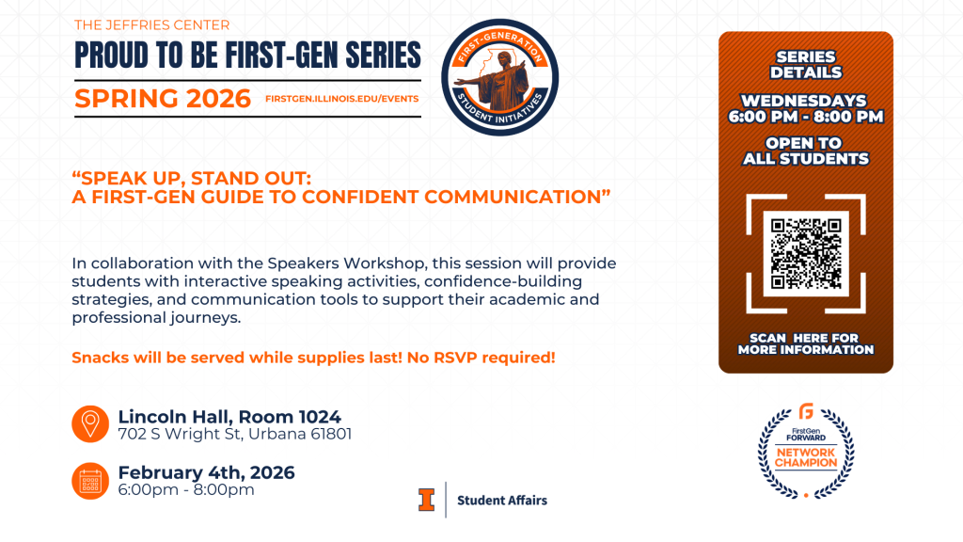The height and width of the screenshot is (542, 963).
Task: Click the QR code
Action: (x=806, y=253)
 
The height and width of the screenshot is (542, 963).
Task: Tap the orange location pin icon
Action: (x=90, y=424)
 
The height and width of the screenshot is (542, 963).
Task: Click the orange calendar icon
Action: (x=90, y=481)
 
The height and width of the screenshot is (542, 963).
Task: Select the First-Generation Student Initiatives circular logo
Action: (x=500, y=77)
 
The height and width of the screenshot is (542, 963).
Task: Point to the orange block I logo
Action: (x=426, y=500)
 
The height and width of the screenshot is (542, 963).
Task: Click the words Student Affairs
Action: (x=502, y=501)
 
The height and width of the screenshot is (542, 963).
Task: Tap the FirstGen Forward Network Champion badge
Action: (x=806, y=451)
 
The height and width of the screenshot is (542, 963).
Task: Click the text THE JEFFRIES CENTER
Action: (x=151, y=25)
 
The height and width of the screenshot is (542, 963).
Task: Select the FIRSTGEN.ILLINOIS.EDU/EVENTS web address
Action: (x=342, y=98)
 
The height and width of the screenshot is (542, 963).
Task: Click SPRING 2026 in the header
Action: (x=163, y=98)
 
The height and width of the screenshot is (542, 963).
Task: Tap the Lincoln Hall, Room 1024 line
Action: (x=229, y=417)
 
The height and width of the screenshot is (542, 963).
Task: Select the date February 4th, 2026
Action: (x=206, y=472)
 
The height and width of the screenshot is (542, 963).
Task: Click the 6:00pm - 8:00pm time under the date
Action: (x=186, y=489)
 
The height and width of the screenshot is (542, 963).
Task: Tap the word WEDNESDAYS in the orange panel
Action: (x=804, y=101)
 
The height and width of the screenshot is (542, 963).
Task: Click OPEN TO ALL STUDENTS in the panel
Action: (x=806, y=151)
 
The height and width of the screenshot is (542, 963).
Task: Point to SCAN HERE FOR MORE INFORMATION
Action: (x=806, y=344)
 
